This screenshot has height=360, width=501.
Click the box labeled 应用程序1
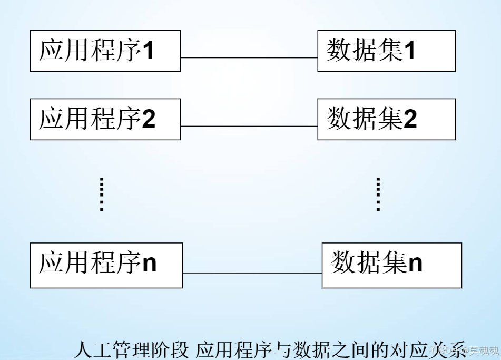105,51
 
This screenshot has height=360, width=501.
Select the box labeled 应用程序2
105,119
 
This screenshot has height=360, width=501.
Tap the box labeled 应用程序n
106,265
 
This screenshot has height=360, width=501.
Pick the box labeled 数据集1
386,51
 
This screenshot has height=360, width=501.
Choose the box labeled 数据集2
386,119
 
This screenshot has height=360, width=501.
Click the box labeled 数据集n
391,265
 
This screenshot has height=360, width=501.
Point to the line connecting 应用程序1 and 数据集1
249,57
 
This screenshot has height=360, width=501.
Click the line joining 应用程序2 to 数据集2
249,126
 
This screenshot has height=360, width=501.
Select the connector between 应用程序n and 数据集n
252,273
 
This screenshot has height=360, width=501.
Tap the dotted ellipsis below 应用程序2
102,194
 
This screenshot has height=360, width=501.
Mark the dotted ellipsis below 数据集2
378,194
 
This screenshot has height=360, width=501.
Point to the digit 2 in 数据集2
410,120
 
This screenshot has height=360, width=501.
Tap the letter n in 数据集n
416,264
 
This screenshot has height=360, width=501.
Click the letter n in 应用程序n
150,264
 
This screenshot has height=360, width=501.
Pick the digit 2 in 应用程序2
149,120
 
